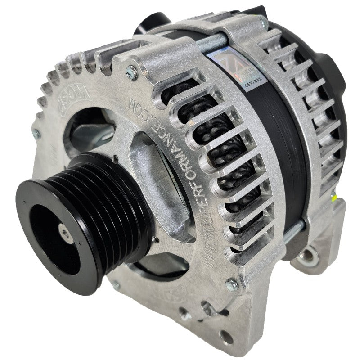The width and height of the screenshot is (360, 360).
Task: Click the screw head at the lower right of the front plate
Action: click(231, 283)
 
